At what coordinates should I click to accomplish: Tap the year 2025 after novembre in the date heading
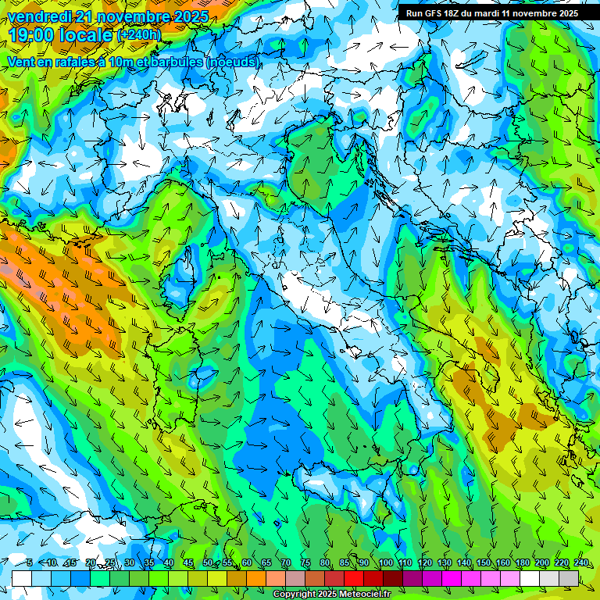pyautogui.click(x=186, y=16)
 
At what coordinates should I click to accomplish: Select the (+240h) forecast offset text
pyautogui.click(x=139, y=35)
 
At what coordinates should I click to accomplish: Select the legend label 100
pyautogui.click(x=386, y=563)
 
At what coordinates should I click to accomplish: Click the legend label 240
pyautogui.click(x=581, y=563)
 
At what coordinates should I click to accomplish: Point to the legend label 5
pyautogui.click(x=30, y=563)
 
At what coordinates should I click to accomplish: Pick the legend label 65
pyautogui.click(x=266, y=563)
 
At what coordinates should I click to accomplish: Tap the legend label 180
pyautogui.click(x=523, y=563)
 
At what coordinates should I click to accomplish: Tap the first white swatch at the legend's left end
pyautogui.click(x=22, y=578)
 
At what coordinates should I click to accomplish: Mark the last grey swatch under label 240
pyautogui.click(x=569, y=578)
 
